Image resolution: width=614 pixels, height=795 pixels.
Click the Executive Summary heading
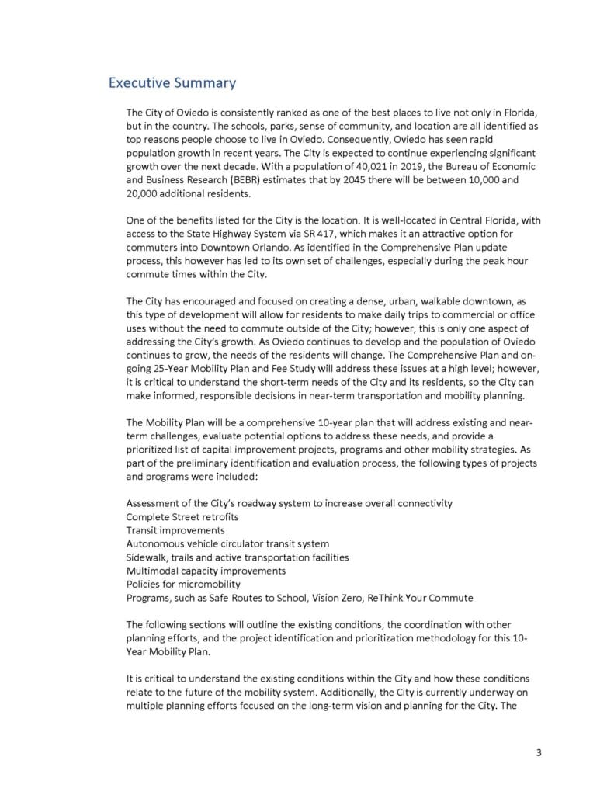(x=172, y=82)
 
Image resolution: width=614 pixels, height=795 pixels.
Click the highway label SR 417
(x=329, y=234)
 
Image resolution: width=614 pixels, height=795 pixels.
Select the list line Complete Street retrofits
(x=182, y=516)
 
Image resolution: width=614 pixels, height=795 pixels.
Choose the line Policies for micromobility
(x=182, y=584)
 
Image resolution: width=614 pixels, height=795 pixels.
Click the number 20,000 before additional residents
(x=142, y=193)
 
